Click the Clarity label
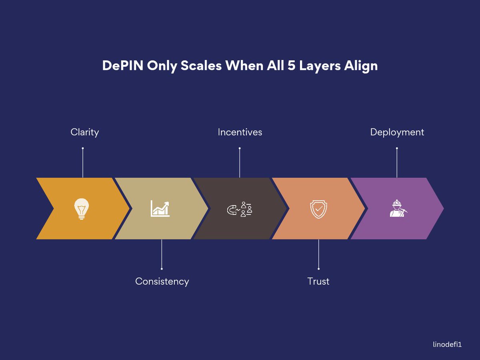[x=84, y=132]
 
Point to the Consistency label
[x=162, y=281]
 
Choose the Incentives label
[x=240, y=132]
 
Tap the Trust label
[x=318, y=281]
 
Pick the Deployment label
[x=397, y=132]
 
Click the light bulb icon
[x=82, y=209]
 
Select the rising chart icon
[x=160, y=209]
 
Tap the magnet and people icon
[x=240, y=209]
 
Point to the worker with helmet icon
[x=397, y=209]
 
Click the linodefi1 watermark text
[x=447, y=344]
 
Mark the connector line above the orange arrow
[x=83, y=163]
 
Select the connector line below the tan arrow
[x=162, y=254]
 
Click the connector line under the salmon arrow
[x=318, y=254]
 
